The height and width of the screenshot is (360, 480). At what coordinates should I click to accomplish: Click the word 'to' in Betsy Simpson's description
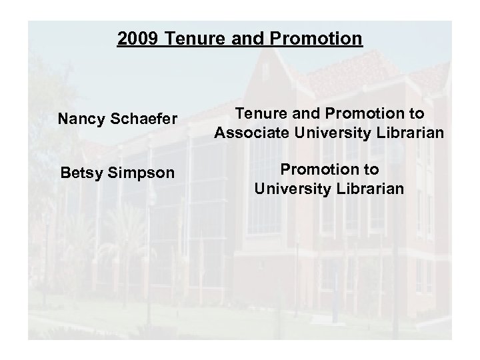point(370,169)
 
